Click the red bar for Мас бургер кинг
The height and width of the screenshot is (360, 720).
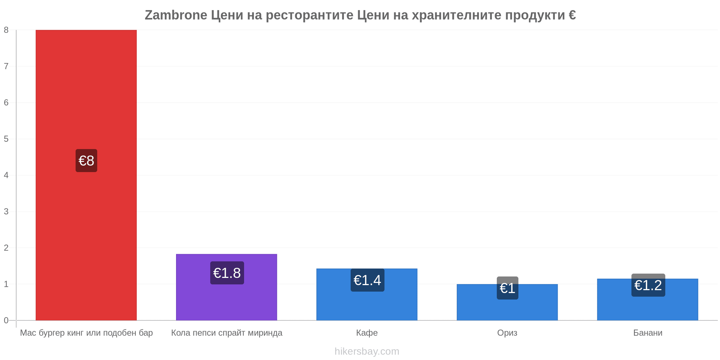click(86, 175)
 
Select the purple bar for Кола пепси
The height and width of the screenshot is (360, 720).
click(226, 287)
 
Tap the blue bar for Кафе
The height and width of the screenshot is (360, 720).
click(367, 294)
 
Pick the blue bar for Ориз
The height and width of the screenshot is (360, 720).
click(507, 302)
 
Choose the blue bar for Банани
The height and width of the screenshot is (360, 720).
click(648, 300)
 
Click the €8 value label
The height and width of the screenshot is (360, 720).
click(86, 161)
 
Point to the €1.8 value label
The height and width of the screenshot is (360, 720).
click(227, 273)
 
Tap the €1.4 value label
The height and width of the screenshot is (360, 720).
click(368, 280)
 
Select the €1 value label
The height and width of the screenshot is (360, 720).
click(508, 288)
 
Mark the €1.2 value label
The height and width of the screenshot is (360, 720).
click(648, 285)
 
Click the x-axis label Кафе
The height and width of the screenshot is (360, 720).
click(367, 333)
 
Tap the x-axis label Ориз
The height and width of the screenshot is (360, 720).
click(507, 333)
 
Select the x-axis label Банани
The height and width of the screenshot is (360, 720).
click(648, 333)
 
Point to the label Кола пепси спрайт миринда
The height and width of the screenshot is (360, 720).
click(227, 333)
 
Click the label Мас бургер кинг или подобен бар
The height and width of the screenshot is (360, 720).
click(86, 333)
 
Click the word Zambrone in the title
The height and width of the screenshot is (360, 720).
click(176, 15)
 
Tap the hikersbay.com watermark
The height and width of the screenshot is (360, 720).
click(367, 351)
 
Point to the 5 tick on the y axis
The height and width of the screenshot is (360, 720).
click(6, 139)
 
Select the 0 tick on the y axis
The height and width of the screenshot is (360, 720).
click(6, 320)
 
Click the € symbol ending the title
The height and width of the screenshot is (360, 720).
click(572, 15)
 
